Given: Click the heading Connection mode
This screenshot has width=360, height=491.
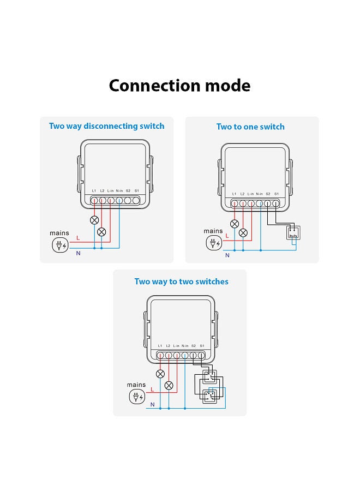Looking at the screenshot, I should pos(179,86).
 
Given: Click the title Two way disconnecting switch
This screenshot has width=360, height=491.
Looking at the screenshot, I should pos(106,126).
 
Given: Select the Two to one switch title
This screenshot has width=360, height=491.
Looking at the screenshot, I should pos(250,127).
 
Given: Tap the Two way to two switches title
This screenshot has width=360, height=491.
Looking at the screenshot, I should pos(181,282).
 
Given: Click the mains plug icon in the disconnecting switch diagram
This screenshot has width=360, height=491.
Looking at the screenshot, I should pos(59,245).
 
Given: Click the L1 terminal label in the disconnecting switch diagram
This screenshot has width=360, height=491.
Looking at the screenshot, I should pos(94,190).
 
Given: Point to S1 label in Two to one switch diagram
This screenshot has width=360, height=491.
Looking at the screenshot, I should pos(277,194).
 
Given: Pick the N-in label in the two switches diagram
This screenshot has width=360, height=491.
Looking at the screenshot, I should pos(185,346).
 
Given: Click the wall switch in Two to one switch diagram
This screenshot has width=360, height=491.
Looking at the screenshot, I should pos(293,233).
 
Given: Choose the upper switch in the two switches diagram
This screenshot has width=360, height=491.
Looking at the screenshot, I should pos(209,376).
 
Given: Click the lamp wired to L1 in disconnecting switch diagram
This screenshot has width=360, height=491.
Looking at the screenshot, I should pos(94,221).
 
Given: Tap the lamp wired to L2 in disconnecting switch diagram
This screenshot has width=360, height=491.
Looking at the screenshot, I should pos(102,232).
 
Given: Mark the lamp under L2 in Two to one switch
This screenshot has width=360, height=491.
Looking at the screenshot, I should pos(243,233).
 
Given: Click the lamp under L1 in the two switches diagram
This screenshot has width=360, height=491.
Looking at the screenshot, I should pos(160,374).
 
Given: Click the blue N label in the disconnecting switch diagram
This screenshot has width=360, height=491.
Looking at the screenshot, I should pos(78,253).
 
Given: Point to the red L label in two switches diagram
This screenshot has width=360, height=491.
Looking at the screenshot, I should pos(152,390).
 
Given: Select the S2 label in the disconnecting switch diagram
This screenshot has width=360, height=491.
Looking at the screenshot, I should pos(128,190).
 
